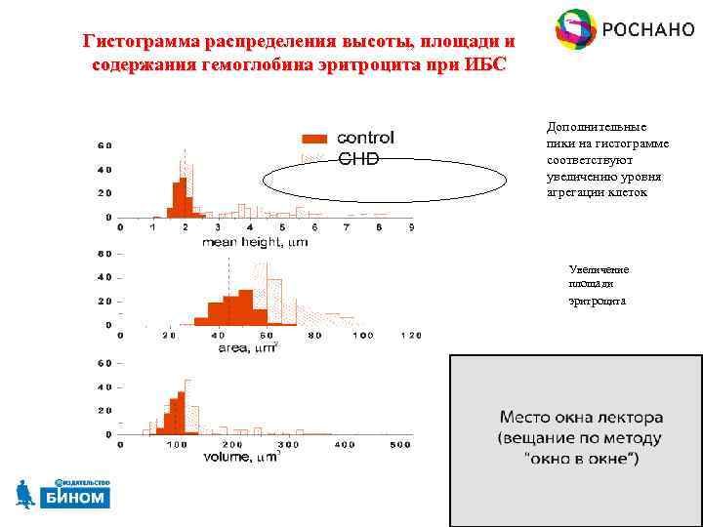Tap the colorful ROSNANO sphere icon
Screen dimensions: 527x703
(x=575, y=29)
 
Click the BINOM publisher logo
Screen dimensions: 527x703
(x=62, y=496)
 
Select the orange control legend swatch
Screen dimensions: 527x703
(x=314, y=139)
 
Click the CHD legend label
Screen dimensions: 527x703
(x=358, y=158)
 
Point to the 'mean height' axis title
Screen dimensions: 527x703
(x=254, y=243)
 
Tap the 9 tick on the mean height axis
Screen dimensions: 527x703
(x=411, y=227)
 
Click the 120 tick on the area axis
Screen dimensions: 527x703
(x=410, y=335)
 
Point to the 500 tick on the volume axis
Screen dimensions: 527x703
(x=400, y=444)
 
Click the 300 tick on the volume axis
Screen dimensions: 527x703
(x=288, y=444)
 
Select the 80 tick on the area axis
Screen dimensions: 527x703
(x=314, y=335)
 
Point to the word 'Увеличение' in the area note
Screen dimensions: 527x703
(x=599, y=269)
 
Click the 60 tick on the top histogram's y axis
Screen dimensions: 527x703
(x=103, y=146)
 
